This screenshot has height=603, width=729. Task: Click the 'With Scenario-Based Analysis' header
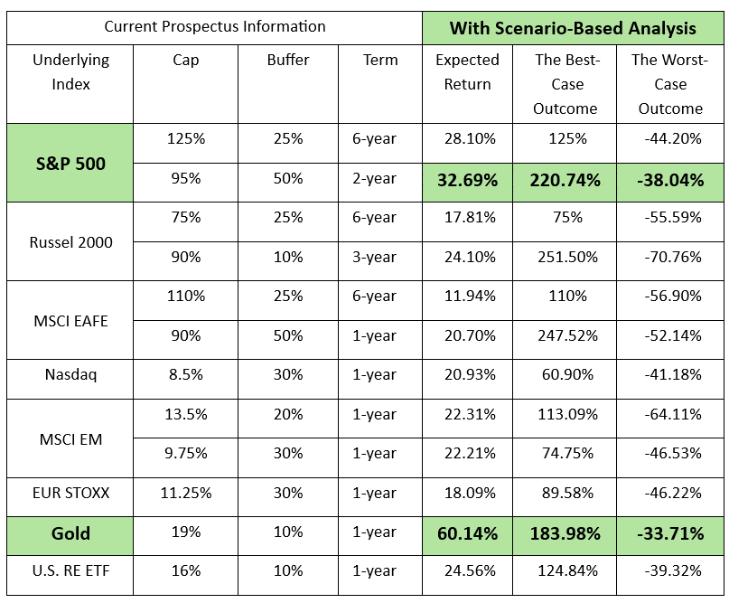(x=573, y=28)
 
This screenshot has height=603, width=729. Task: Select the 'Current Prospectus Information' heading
(x=215, y=26)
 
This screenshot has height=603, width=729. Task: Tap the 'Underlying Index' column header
(x=70, y=72)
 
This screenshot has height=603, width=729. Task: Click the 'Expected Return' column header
(x=467, y=72)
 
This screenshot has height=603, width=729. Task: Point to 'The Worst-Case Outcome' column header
(x=670, y=84)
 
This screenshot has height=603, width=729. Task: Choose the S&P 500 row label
(x=70, y=164)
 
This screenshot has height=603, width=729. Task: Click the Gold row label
(x=70, y=533)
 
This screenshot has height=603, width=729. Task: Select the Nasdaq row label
(x=70, y=375)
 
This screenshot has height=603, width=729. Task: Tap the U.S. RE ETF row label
(x=70, y=571)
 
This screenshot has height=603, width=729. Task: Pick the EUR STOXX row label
(x=70, y=494)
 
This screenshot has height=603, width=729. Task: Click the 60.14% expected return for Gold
(x=467, y=533)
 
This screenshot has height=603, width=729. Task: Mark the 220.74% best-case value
(x=565, y=179)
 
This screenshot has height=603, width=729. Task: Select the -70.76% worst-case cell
(x=670, y=257)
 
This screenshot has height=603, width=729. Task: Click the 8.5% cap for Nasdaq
(x=185, y=375)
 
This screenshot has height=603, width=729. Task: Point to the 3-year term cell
(x=374, y=257)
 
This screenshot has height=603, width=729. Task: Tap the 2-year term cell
(x=374, y=179)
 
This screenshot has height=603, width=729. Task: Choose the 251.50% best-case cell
(x=565, y=257)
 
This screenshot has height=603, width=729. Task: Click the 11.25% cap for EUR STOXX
(x=185, y=494)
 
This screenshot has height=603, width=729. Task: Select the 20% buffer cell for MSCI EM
(x=288, y=414)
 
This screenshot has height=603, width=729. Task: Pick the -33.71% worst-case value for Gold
(x=670, y=533)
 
